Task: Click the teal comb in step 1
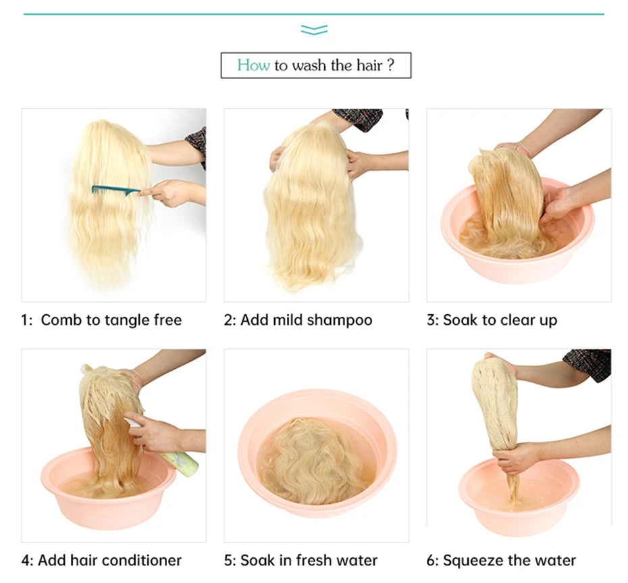[x=115, y=191]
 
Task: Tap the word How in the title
[x=253, y=66]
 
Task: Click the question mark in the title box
[x=391, y=65]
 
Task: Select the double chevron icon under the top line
[x=315, y=30]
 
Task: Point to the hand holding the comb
[x=168, y=193]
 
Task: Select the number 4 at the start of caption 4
[x=25, y=561]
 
